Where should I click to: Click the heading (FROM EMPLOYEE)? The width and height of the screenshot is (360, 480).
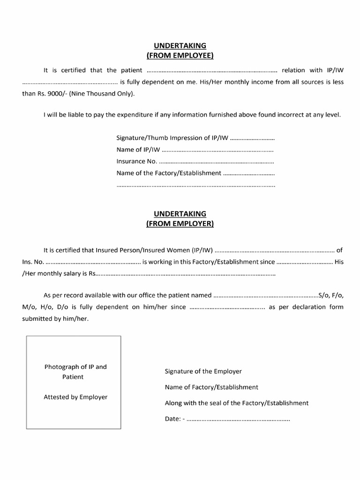pyautogui.click(x=180, y=56)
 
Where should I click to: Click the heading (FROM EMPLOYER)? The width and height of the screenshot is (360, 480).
pyautogui.click(x=180, y=224)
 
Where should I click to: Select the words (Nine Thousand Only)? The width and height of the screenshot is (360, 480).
pyautogui.click(x=102, y=94)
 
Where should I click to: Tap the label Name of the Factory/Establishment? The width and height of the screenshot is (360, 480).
pyautogui.click(x=169, y=173)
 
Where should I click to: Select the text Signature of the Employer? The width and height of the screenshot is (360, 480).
pyautogui.click(x=203, y=371)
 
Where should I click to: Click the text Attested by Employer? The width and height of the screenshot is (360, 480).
pyautogui.click(x=75, y=397)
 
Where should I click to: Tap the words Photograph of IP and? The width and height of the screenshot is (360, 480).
pyautogui.click(x=75, y=367)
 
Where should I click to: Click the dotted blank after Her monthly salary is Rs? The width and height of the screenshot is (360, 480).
pyautogui.click(x=185, y=274)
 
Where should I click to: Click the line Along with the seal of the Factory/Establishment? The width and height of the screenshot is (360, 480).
pyautogui.click(x=236, y=403)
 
